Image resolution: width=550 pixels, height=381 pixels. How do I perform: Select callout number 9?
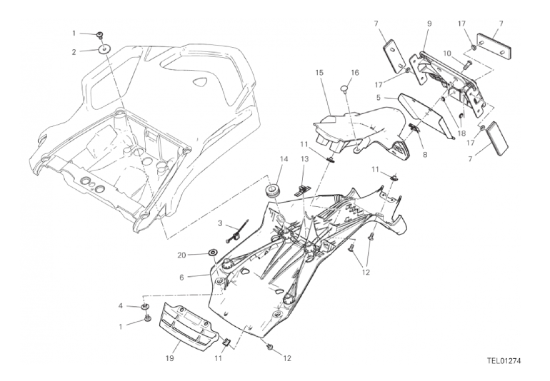coord(429,24)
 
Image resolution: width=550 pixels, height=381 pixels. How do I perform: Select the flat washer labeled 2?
coord(105,50)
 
